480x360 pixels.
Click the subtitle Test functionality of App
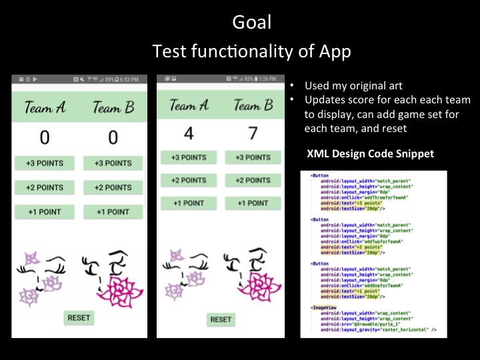[x=251, y=51]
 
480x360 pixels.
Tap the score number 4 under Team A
[x=189, y=133]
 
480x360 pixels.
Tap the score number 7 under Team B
[x=253, y=133]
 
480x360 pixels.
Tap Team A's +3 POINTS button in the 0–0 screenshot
[x=44, y=163]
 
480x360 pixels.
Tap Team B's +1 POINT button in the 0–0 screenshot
[x=113, y=212]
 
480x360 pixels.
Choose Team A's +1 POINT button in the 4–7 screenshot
[x=189, y=203]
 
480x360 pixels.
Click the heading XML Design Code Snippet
[x=370, y=154]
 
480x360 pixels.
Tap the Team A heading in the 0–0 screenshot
[x=45, y=108]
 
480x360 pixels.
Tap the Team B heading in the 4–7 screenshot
[x=253, y=105]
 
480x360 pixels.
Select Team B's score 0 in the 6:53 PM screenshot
[x=113, y=138]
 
